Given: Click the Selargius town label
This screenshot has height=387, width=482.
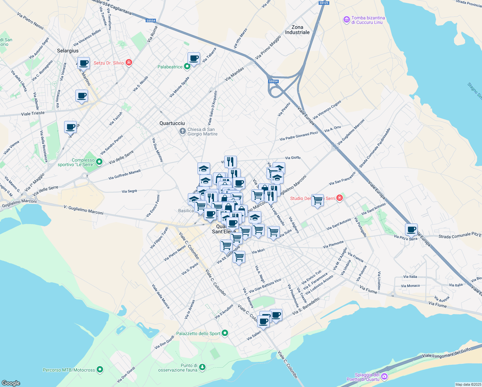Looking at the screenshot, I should (68, 51).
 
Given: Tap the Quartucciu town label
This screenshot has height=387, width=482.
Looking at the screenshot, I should (172, 123).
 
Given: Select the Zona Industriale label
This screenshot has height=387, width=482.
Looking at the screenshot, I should (297, 30).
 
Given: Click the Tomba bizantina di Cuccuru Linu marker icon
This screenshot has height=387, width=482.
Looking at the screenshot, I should (346, 20).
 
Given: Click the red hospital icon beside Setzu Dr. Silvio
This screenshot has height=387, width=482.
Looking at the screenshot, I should (129, 63).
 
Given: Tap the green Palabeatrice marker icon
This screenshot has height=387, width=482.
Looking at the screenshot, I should (187, 67).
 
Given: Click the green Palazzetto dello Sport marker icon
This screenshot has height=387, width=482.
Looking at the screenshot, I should (225, 333).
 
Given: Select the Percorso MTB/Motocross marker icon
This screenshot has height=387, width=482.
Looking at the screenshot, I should (100, 370).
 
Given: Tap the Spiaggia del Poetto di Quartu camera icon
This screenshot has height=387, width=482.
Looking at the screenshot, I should (384, 377).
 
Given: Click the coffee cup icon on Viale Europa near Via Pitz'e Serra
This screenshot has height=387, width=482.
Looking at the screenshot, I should (411, 230).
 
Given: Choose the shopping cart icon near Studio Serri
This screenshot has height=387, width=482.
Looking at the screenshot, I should (317, 200).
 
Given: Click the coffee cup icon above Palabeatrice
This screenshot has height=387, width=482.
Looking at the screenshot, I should (194, 58).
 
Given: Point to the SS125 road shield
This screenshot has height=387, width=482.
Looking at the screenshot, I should (323, 3).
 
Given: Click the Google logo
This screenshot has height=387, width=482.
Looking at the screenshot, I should (11, 383).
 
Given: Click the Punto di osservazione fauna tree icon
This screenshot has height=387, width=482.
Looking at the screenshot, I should (202, 368).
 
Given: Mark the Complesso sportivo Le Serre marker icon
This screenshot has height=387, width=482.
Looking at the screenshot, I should (99, 162).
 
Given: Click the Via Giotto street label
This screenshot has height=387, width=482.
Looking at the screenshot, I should (293, 158).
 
